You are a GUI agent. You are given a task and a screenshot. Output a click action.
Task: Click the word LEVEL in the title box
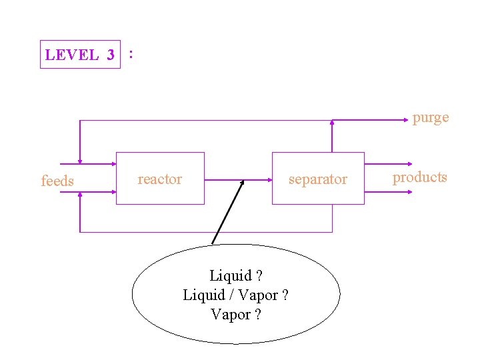point(71,55)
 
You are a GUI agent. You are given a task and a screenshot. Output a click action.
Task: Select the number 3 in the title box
point(110,55)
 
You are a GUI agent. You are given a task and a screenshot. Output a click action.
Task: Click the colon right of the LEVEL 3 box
point(131,53)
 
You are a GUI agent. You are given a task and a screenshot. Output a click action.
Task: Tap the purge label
point(430,118)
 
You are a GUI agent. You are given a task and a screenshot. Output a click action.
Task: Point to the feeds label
point(57,181)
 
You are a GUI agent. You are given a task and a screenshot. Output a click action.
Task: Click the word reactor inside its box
point(159,179)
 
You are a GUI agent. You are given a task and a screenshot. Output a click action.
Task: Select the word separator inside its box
point(317,179)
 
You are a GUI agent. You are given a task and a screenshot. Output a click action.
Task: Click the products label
point(419,177)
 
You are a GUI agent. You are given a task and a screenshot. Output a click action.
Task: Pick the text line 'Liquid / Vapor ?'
point(235,295)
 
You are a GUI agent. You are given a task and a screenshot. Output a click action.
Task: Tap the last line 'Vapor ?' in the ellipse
point(235,314)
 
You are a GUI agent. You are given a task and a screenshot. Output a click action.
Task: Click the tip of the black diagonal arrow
point(243,181)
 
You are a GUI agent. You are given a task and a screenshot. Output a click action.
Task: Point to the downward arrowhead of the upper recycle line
point(79,160)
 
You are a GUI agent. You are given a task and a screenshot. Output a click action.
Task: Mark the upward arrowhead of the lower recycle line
point(79,195)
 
